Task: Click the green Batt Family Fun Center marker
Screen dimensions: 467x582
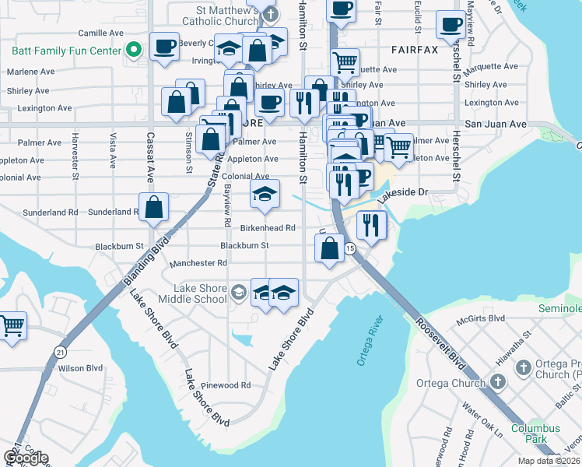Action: [x=133, y=51]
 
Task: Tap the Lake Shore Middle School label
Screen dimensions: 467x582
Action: [x=193, y=293]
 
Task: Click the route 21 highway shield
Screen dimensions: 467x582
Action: [x=61, y=352]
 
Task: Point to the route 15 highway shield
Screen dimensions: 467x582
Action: [x=350, y=248]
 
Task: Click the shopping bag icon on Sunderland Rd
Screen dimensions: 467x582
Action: [x=154, y=207]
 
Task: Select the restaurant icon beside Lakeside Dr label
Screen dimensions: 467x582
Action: [x=371, y=225]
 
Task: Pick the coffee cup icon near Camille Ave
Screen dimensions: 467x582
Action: [x=163, y=47]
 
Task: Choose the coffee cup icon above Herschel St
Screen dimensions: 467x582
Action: [x=450, y=25]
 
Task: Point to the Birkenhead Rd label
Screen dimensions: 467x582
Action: [x=268, y=228]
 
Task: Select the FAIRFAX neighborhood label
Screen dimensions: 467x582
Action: [x=414, y=48]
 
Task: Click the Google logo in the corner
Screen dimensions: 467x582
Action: [x=26, y=458]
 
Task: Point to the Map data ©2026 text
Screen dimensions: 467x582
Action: [x=549, y=461]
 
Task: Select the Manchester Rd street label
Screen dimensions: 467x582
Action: [x=198, y=263]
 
